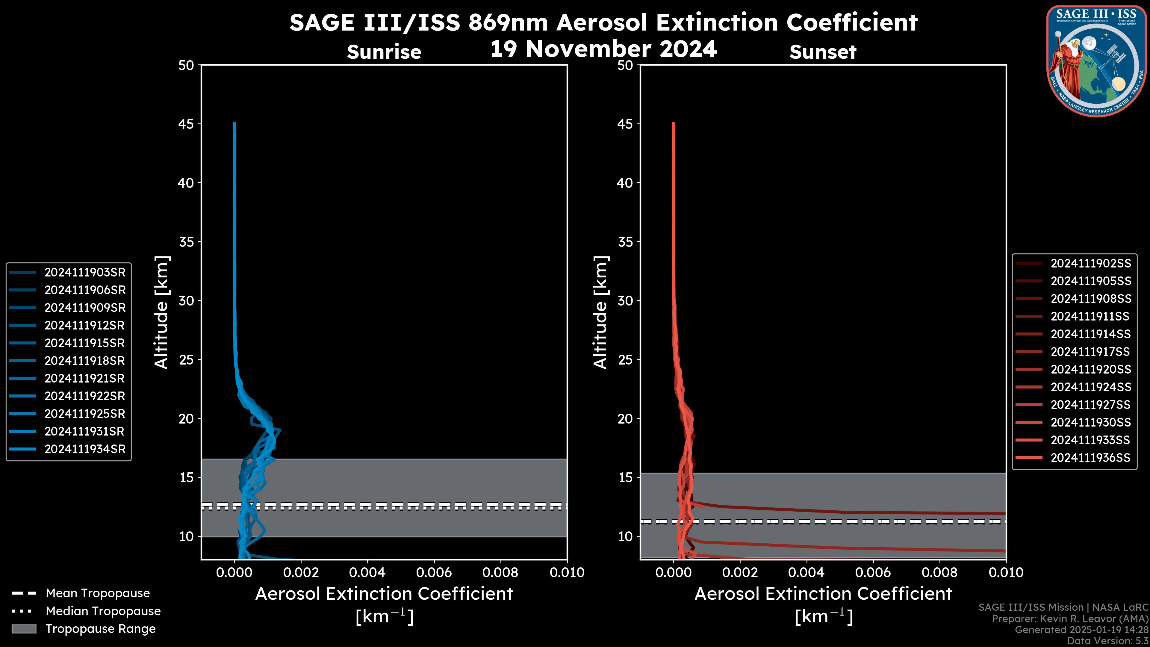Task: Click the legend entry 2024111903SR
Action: pos(85,272)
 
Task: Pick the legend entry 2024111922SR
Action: pos(85,396)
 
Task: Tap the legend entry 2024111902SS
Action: pos(1091,264)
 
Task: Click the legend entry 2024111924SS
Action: pos(1091,387)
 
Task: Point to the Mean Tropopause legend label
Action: pos(98,593)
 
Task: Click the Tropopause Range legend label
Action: pos(100,629)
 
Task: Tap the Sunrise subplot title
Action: pos(384,52)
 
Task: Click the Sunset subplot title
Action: pos(823,52)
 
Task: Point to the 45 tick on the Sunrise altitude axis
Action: pos(186,124)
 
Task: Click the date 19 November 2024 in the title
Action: pos(603,49)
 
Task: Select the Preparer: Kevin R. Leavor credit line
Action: pos(1070,619)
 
